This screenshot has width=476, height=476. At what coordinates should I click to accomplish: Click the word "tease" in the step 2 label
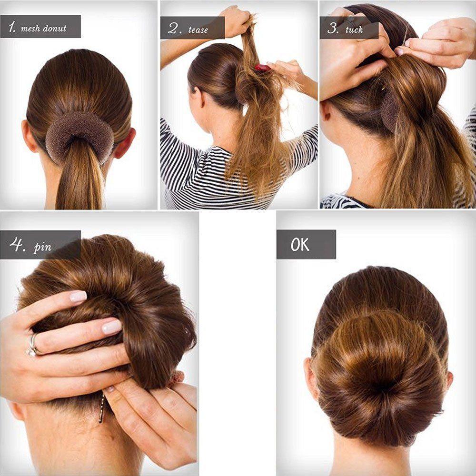198,30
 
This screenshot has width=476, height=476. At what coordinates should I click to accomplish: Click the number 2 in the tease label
174,29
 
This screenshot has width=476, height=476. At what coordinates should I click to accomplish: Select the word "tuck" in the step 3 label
354,30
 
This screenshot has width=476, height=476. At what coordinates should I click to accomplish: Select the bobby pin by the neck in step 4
101,409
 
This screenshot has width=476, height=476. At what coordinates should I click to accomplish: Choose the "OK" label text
300,245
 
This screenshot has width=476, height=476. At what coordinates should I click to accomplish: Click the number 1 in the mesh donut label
10,27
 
